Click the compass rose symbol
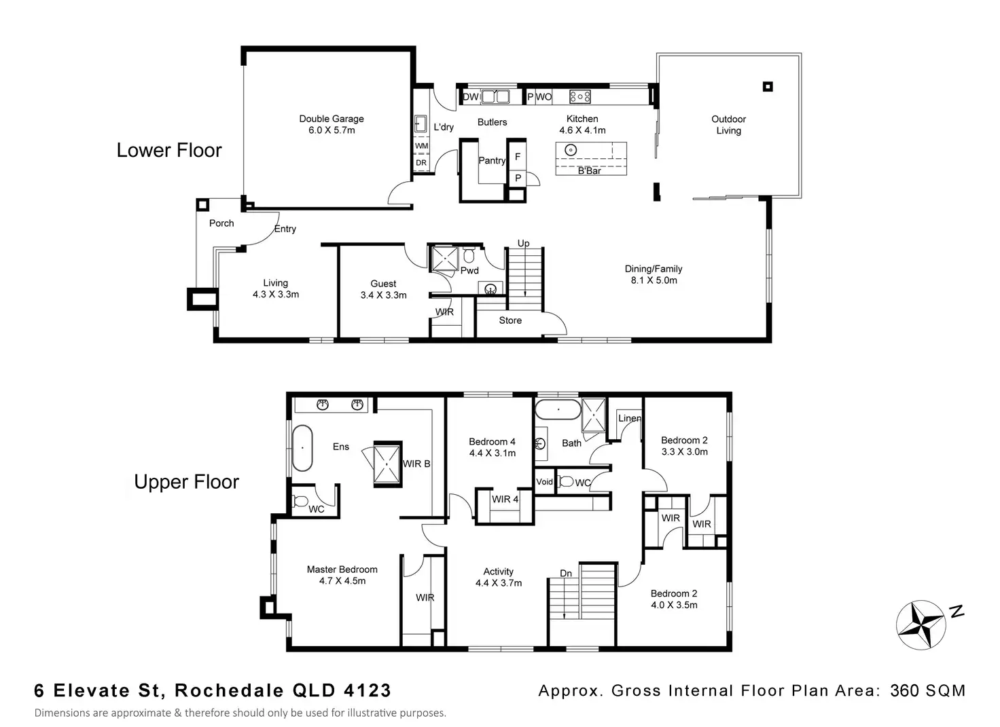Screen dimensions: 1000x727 tap(921, 625)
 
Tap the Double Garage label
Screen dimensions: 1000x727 tap(332, 119)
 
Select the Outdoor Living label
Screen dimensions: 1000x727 tap(728, 125)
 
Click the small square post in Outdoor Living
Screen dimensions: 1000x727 tap(768, 86)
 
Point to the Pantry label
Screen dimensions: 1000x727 tap(491, 161)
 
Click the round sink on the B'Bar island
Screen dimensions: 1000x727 tap(571, 150)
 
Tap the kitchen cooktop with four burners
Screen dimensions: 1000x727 tap(580, 97)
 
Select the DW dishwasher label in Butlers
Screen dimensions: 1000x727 tap(471, 97)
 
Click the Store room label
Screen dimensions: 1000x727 tap(510, 320)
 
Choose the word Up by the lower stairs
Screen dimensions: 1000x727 tap(523, 243)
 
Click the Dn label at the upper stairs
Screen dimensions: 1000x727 tap(566, 574)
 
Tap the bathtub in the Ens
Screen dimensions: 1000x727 tap(302, 449)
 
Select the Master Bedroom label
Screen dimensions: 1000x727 tap(342, 570)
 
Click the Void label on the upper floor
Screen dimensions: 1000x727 tap(545, 482)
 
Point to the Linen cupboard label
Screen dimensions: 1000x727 tap(629, 418)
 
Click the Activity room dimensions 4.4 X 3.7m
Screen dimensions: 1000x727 tap(499, 583)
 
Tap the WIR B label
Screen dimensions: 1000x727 tap(416, 464)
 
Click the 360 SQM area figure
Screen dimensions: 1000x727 tap(927, 691)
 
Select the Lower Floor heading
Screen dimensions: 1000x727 tap(169, 150)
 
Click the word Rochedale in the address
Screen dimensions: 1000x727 tap(230, 691)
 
